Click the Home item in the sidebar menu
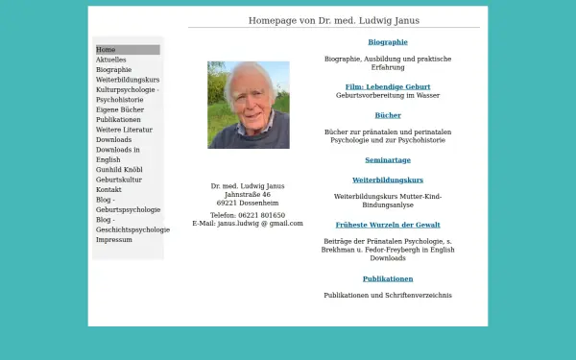[106, 50]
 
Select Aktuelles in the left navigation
[111, 60]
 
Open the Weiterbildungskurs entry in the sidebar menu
[128, 80]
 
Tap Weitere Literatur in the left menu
[124, 130]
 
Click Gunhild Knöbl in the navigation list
[119, 170]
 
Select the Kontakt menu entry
[108, 189]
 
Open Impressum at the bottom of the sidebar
[114, 239]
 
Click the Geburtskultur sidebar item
[119, 180]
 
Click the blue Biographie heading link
[388, 42]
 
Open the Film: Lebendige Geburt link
[388, 86]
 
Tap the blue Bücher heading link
[388, 115]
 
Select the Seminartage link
[388, 160]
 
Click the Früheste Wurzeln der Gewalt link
[388, 225]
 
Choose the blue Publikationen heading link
[388, 278]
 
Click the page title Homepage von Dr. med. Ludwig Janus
[333, 20]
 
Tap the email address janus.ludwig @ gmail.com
[260, 224]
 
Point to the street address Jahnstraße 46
[248, 195]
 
